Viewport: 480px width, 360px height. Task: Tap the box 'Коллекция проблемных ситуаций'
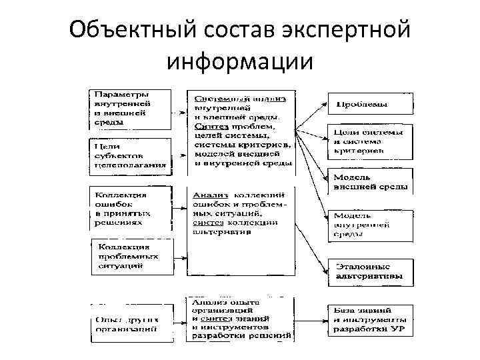[131, 256]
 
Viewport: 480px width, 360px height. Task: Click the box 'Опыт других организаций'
[127, 323]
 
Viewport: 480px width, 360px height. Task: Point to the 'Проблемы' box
[369, 104]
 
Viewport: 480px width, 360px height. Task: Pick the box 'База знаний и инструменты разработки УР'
[369, 319]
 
